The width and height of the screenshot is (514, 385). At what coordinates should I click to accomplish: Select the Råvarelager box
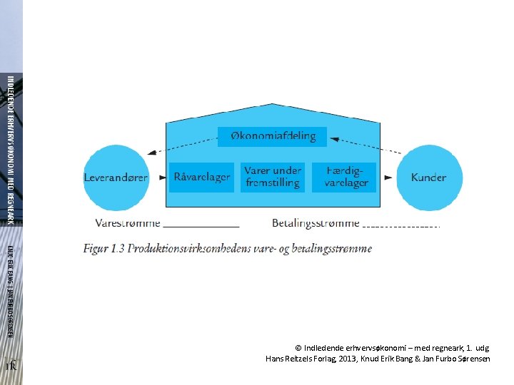point(201,178)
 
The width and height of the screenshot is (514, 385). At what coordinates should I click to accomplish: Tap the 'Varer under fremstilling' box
point(272,178)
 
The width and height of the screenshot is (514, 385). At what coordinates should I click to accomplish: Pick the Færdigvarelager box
point(346,178)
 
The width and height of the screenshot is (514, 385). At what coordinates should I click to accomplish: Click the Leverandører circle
point(116,178)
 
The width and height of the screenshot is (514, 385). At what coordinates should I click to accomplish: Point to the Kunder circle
point(428,178)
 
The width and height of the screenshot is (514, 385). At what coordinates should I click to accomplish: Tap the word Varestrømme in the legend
point(128,223)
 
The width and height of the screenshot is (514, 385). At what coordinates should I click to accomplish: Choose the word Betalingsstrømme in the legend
point(316,223)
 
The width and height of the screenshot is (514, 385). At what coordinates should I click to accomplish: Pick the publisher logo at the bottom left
point(11,366)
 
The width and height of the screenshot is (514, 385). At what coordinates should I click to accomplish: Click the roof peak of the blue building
point(272,98)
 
